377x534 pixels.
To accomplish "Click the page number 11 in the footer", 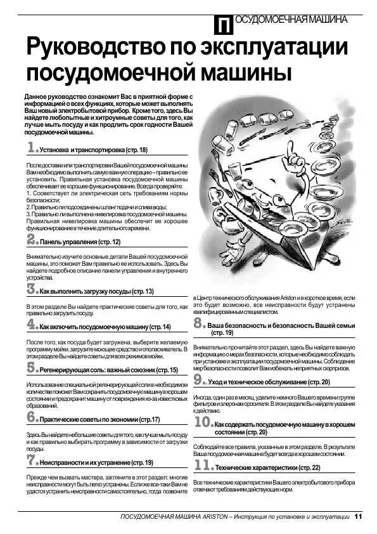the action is (359, 516).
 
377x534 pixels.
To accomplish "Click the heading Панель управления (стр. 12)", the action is (80, 242).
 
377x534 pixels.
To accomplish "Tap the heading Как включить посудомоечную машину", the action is (105, 327).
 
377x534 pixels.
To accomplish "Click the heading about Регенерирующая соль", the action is (108, 370).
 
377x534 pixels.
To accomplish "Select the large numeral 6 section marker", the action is (32, 417).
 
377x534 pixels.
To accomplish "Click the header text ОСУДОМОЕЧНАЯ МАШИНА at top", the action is (291, 20).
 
